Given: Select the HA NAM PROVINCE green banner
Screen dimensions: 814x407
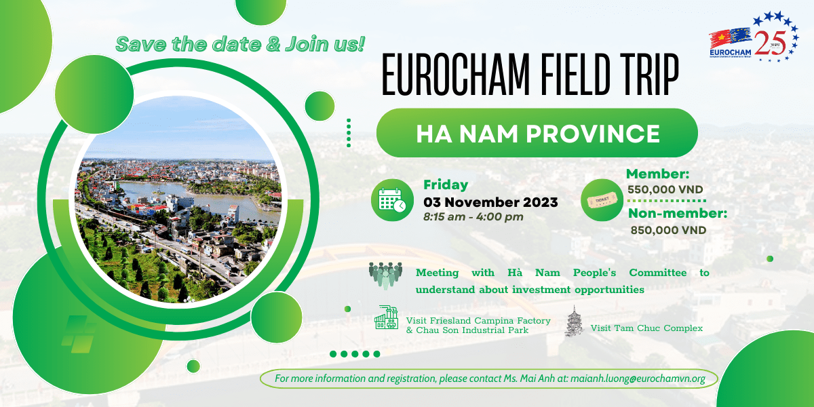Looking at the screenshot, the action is (x=537, y=133).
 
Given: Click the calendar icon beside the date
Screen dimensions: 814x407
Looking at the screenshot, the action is (x=392, y=200).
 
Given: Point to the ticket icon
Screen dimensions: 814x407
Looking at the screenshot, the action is (x=602, y=200).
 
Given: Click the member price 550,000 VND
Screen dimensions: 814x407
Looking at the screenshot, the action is (x=665, y=189).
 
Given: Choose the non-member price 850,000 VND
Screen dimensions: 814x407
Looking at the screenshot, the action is (x=668, y=230).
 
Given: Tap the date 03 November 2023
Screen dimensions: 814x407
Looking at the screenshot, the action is (x=490, y=202).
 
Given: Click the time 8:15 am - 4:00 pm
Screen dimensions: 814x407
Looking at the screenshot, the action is (x=473, y=217).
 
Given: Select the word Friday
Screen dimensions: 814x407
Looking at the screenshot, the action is (x=446, y=185).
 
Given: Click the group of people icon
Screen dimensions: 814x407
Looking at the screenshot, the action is (x=385, y=276).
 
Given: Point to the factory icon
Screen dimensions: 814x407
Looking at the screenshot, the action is (x=387, y=317).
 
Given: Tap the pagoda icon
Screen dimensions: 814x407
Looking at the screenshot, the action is (x=574, y=322).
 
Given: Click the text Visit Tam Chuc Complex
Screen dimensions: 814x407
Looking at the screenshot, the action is (x=646, y=328).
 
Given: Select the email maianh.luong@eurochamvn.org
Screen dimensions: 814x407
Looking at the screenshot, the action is (x=638, y=379).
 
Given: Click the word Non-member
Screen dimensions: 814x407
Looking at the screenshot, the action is (x=678, y=214).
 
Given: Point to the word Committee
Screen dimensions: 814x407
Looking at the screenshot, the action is (x=658, y=273).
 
